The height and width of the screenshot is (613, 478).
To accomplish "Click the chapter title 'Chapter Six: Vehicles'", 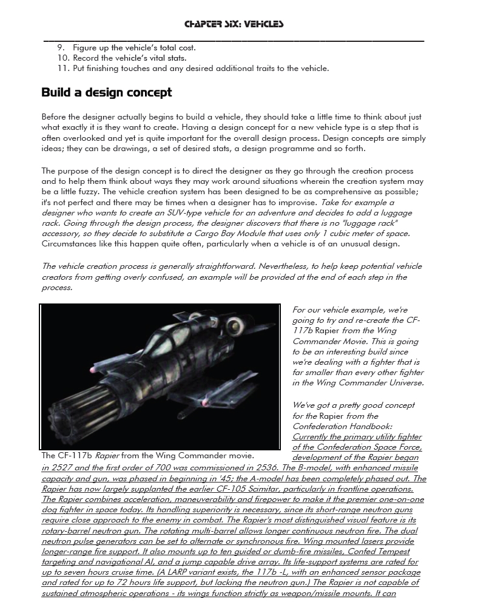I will coord(234,24).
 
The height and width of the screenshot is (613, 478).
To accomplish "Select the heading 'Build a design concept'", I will coord(106,92).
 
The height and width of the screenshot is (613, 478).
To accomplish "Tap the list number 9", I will coord(61,47).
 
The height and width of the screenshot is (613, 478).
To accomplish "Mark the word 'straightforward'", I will coord(201,266).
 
